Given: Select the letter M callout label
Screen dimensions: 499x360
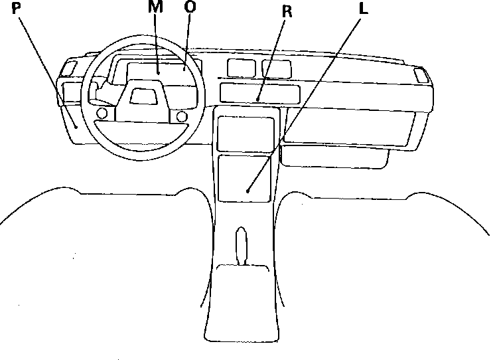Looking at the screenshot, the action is coord(155,8).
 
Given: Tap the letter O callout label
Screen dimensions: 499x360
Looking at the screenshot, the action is coord(190,8).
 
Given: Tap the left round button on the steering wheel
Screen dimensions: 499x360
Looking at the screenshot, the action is coord(102,114).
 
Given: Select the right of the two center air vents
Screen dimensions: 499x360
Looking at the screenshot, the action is coord(276,69).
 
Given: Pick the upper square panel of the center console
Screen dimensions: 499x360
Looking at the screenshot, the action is coord(246,133).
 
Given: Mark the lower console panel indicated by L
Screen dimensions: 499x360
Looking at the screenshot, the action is coord(245,178).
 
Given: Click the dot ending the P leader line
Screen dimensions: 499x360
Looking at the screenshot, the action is coord(77,126).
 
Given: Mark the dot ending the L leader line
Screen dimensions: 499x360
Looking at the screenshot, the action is coord(248,191).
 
